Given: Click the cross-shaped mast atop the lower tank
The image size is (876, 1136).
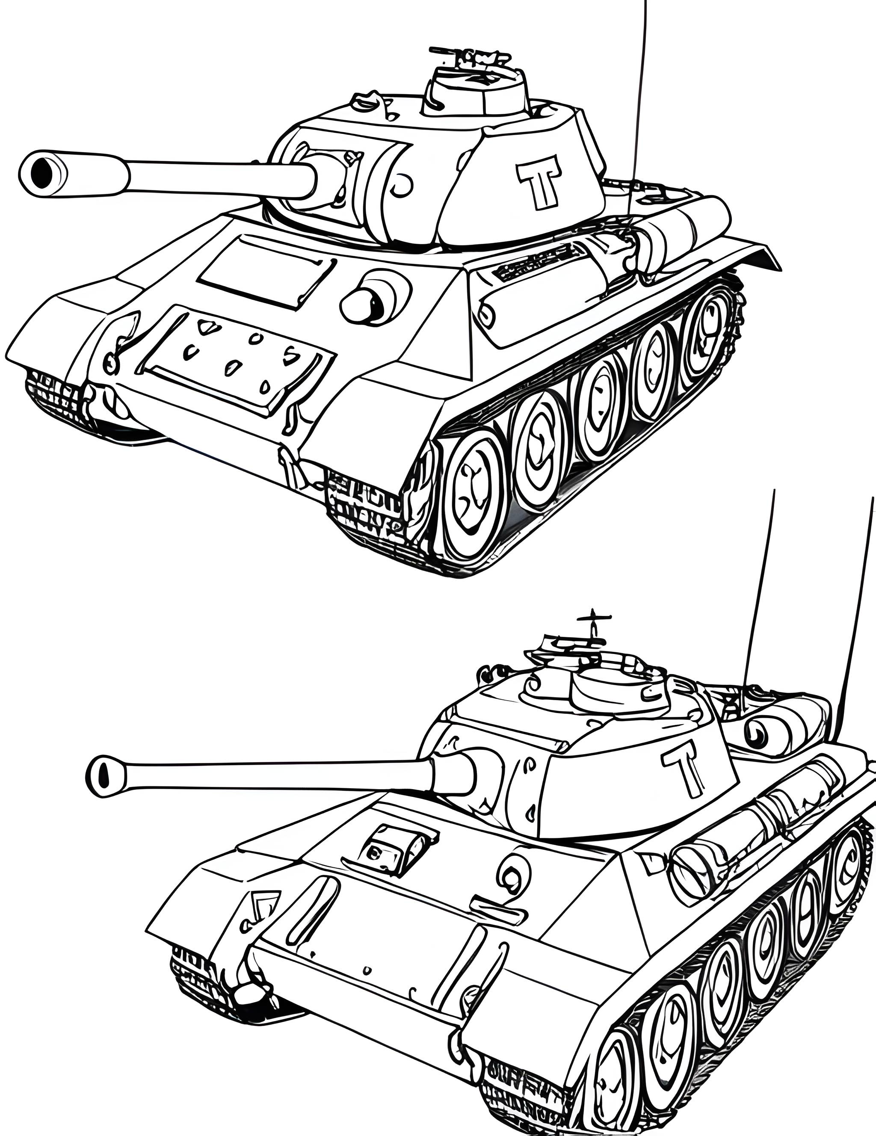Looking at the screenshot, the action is point(592,624).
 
